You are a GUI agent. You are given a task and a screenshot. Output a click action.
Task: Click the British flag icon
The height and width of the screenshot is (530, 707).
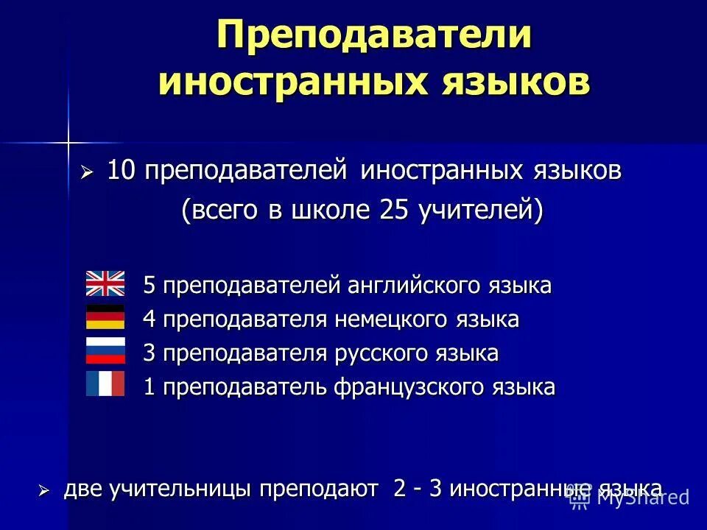[105, 283]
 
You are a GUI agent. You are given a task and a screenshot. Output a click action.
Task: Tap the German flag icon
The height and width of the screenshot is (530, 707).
[105, 317]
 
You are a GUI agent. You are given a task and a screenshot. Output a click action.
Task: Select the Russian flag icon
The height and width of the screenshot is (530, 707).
[105, 351]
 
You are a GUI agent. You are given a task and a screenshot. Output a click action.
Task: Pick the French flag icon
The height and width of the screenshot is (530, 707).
[105, 384]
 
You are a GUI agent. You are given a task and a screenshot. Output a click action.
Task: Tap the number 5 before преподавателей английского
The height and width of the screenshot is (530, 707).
[150, 285]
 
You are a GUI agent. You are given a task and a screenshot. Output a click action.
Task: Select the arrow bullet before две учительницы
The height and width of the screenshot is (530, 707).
[44, 490]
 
